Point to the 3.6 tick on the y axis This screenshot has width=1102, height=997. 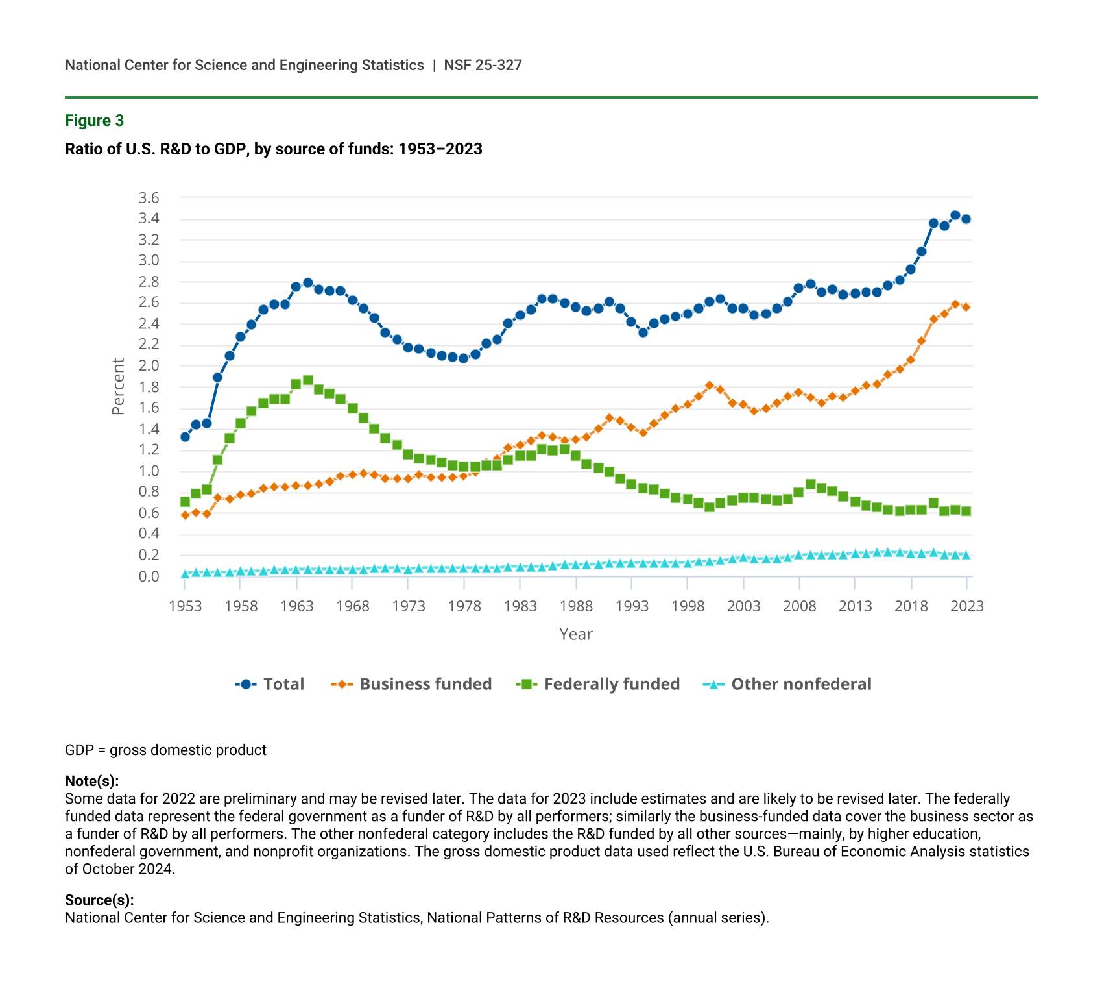[149, 198]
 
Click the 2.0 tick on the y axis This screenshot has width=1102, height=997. [149, 366]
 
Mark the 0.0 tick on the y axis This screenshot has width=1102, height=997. [149, 576]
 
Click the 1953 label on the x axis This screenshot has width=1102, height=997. [186, 606]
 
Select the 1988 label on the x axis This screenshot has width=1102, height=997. [576, 606]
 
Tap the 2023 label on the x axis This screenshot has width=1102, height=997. [966, 606]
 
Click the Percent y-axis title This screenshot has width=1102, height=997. [118, 387]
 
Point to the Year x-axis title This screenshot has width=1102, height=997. [576, 634]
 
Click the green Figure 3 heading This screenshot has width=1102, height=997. [94, 121]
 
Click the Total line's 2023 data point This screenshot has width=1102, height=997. [966, 219]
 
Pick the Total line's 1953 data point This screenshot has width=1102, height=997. [185, 437]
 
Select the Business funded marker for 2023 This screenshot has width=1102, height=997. [966, 307]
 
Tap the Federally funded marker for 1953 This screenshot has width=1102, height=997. [185, 502]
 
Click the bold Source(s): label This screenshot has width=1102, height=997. [99, 900]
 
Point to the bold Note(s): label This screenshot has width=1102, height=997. [92, 781]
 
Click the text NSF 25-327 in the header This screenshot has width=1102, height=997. [483, 65]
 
